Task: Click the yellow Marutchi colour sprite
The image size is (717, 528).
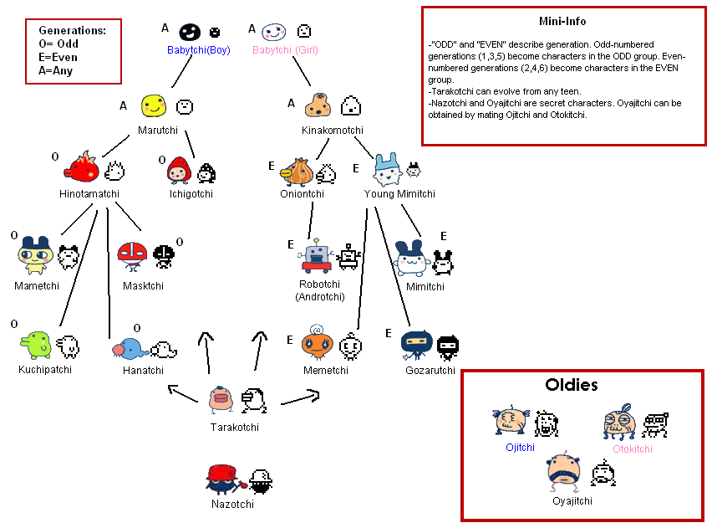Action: tap(153, 105)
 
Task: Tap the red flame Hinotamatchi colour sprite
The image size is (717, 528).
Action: tap(82, 167)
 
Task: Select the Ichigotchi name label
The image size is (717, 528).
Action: tap(191, 193)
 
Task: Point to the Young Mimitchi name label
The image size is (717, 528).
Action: tap(399, 193)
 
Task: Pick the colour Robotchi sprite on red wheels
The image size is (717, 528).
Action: tap(317, 256)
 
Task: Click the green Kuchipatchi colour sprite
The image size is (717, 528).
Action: tap(36, 345)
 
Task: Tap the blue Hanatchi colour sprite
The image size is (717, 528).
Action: tap(130, 350)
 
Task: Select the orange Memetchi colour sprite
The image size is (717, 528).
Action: tap(317, 343)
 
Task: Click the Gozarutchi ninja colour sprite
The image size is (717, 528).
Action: tap(416, 345)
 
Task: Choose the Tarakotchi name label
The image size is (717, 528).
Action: tap(235, 428)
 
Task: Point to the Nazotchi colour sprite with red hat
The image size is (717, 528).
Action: tap(224, 479)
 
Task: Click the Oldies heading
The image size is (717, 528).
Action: tap(572, 385)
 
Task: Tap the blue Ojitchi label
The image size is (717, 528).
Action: tap(520, 448)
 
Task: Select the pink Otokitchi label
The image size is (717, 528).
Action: tap(633, 449)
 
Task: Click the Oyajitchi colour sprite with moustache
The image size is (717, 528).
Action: tap(564, 471)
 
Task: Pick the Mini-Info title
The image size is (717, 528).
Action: tap(562, 21)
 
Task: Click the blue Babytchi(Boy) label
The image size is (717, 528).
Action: tap(198, 50)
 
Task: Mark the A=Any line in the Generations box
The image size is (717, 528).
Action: tap(56, 70)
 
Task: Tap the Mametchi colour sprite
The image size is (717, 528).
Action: tap(36, 255)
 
